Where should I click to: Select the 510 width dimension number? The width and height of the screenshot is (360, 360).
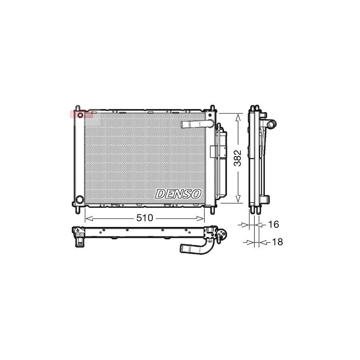[x=145, y=218]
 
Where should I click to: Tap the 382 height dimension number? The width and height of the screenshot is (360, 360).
[x=238, y=158]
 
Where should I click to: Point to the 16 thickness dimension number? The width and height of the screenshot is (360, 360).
[x=273, y=225]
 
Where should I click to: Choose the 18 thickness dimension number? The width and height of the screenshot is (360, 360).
[x=277, y=242]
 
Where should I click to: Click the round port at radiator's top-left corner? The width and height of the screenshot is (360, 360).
[x=80, y=115]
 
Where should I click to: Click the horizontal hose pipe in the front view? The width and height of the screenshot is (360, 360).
[x=194, y=124]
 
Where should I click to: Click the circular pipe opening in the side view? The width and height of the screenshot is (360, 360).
[x=272, y=124]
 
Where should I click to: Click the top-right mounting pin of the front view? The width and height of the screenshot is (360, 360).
[x=212, y=108]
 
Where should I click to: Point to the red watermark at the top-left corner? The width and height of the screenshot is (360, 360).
[x=81, y=114]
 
